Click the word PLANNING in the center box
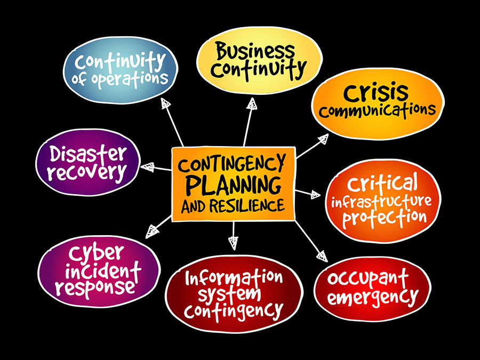pyautogui.click(x=233, y=185)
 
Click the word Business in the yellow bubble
pyautogui.click(x=255, y=52)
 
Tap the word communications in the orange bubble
pyautogui.click(x=378, y=110)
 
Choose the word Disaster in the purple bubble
pyautogui.click(x=88, y=155)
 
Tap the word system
pyautogui.click(x=235, y=294)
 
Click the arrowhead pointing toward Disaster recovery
pyautogui.click(x=147, y=166)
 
